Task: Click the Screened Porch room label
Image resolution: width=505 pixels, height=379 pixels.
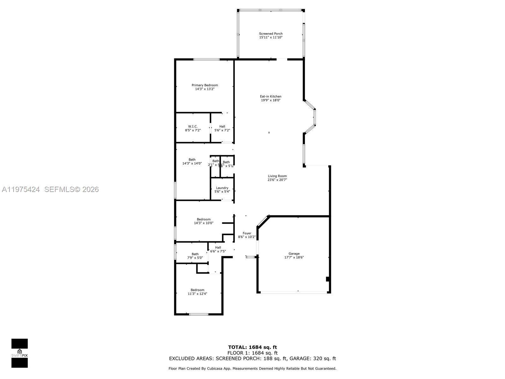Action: tap(271, 33)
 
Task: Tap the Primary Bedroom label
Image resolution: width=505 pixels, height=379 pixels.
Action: tap(205, 85)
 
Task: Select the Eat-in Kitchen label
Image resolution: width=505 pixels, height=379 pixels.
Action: tap(270, 96)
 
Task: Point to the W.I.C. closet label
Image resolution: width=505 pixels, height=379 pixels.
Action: tap(193, 126)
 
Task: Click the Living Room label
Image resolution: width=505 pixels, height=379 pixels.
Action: tap(277, 176)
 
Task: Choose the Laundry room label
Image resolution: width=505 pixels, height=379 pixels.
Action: tap(222, 188)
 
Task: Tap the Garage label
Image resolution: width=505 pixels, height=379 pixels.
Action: tap(294, 254)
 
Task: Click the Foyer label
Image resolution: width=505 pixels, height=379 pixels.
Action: tap(247, 233)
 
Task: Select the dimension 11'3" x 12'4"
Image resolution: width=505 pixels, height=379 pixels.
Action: tap(198, 294)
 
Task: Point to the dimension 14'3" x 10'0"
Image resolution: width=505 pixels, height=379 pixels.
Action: tap(204, 223)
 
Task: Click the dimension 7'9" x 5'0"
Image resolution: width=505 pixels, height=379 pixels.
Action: tap(195, 258)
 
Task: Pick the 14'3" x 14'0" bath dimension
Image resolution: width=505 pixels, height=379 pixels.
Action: tap(192, 163)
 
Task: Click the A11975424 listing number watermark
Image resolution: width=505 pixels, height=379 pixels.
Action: tap(21, 189)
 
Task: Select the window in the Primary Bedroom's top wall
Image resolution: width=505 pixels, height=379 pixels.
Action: tap(206, 59)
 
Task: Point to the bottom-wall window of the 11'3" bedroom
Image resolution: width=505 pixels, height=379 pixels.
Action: tap(199, 314)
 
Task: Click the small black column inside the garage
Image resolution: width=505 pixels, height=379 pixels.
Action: tap(328, 279)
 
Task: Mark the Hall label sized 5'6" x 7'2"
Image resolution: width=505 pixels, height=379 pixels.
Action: tap(222, 126)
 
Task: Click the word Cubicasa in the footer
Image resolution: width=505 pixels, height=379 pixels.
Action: tap(224, 368)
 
